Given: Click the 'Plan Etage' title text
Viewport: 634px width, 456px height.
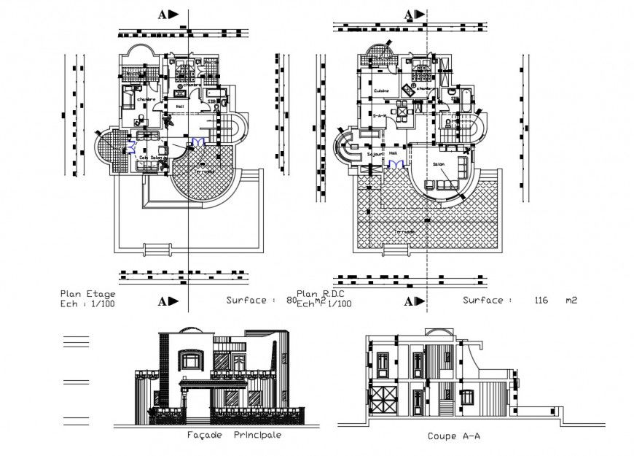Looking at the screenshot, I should pyautogui.click(x=87, y=293).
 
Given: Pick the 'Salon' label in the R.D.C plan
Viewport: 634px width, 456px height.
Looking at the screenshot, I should pyautogui.click(x=439, y=165).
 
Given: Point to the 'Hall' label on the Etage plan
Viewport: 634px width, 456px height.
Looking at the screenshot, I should pyautogui.click(x=179, y=107).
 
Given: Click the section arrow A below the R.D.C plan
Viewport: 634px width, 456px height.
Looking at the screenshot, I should pyautogui.click(x=414, y=301).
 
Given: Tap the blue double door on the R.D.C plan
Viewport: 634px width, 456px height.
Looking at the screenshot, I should pyautogui.click(x=395, y=166).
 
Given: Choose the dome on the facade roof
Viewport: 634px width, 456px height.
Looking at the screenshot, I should pyautogui.click(x=186, y=330).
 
